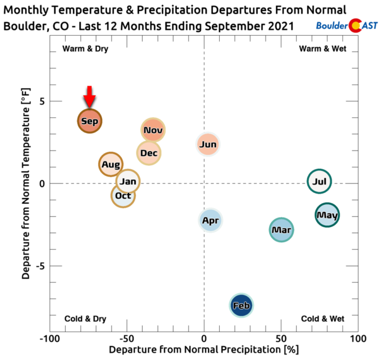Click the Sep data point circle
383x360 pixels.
(90, 121)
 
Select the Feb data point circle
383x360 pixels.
(241, 306)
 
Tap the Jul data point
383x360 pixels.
(320, 182)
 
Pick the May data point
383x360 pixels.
(327, 215)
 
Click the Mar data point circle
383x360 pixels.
(282, 230)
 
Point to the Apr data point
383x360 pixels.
(210, 220)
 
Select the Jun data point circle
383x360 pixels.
(208, 144)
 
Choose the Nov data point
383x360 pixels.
(153, 130)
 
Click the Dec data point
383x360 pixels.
(148, 153)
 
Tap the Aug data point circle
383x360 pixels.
(111, 165)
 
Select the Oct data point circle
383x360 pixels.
(123, 196)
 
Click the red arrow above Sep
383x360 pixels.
(90, 96)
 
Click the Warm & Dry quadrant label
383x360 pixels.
(85, 49)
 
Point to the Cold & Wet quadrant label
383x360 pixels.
(322, 319)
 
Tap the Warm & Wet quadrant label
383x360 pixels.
(322, 49)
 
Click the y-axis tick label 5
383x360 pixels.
(42, 101)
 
